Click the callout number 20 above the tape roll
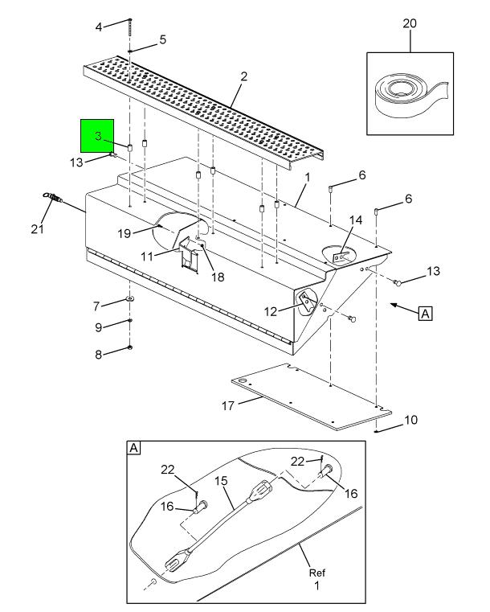point(410,23)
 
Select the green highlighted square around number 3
point(97,135)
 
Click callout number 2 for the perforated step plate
point(243,76)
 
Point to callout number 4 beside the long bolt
point(99,27)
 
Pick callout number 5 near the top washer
point(162,40)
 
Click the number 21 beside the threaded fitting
point(38,228)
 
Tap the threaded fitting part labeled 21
point(52,198)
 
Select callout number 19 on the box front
point(125,233)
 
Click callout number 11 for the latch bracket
point(147,257)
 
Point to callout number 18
point(218,277)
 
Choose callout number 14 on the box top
point(356,220)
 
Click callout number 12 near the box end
point(271,311)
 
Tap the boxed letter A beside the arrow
point(425,314)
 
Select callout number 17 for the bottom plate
point(228,406)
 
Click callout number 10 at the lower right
point(410,420)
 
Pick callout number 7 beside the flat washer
point(96,306)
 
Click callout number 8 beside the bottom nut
point(98,355)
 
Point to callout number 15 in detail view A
point(221,480)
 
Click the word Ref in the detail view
point(317,573)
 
